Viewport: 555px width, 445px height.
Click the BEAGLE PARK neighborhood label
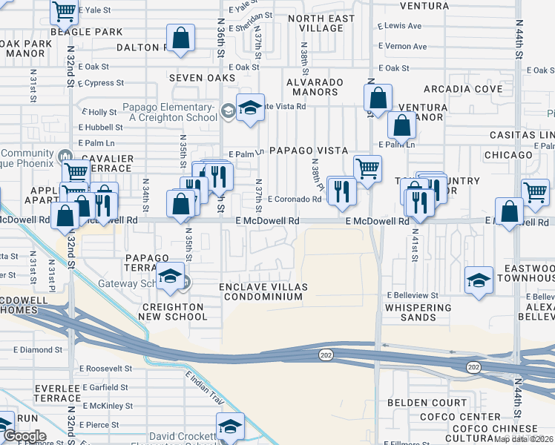click(86, 33)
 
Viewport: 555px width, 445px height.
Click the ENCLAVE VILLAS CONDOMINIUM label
click(260, 291)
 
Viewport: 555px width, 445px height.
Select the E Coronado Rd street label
click(295, 199)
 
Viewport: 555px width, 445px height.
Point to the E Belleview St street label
click(413, 295)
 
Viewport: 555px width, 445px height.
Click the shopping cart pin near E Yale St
click(65, 11)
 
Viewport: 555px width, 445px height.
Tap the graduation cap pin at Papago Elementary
click(251, 108)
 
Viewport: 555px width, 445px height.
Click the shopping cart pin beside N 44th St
click(535, 191)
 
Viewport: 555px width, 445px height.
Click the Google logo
click(24, 436)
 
